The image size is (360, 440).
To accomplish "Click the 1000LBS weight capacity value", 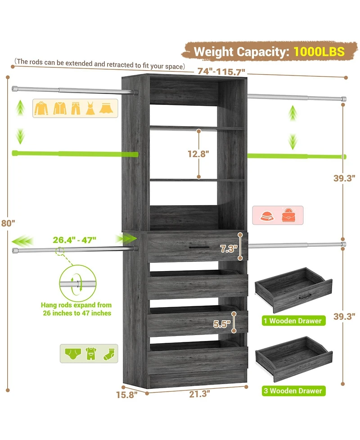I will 319,51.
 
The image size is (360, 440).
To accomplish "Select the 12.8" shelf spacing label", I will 198,154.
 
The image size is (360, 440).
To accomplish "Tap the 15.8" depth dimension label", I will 127,395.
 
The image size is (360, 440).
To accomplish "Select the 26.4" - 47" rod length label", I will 74,240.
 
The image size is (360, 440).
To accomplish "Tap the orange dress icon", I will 90,109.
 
